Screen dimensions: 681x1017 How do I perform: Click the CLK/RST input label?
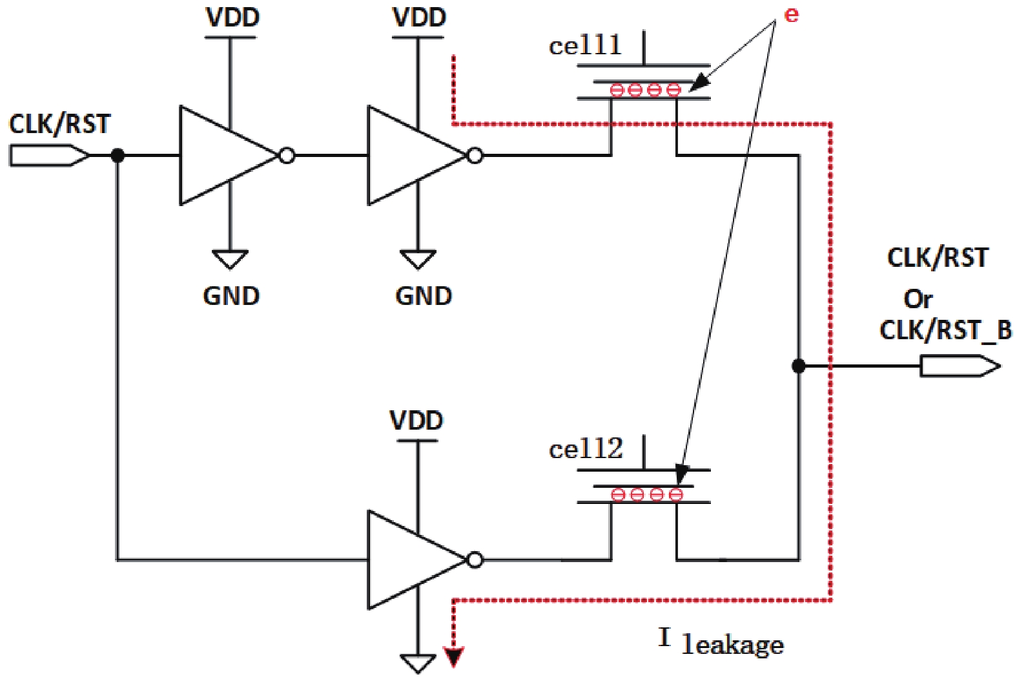point(59,124)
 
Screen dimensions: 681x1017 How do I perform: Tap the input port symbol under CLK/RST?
point(49,156)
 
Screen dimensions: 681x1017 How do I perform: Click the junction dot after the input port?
point(118,156)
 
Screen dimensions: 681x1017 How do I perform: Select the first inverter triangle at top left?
point(223,156)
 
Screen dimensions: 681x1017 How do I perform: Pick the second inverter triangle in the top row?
point(411,156)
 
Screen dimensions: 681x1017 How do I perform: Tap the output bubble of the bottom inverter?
point(475,560)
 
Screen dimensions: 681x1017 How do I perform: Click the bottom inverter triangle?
point(411,560)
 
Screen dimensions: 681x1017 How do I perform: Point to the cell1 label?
point(585,46)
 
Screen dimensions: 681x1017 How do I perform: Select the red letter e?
point(791,15)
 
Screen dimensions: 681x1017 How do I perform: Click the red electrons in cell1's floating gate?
point(645,90)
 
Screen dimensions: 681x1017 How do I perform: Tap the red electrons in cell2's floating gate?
point(647,495)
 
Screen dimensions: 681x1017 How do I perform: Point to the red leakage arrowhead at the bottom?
point(455,657)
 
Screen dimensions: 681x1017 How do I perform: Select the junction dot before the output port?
point(799,366)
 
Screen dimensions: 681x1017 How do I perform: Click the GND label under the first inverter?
point(231,297)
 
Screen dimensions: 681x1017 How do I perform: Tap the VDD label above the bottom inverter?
point(416,421)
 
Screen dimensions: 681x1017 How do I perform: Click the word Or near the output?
point(918,299)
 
